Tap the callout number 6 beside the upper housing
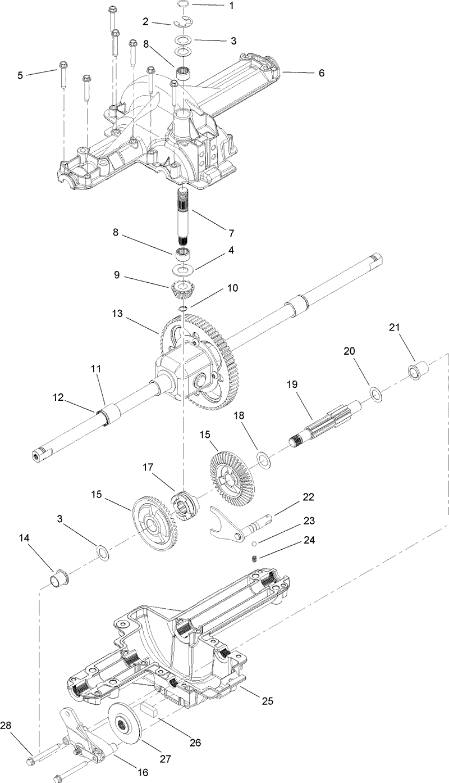[321, 73]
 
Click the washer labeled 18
[263, 459]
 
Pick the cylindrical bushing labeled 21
[417, 372]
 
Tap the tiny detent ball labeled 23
[254, 543]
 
